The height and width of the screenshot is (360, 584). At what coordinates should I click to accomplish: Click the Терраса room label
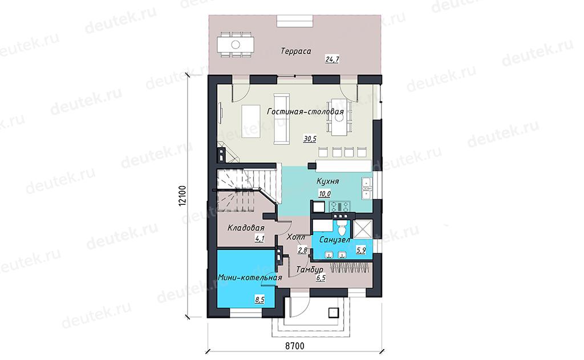point(296,51)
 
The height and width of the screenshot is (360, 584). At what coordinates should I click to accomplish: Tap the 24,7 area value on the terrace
point(332,59)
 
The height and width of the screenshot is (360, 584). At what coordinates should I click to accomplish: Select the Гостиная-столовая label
point(305,111)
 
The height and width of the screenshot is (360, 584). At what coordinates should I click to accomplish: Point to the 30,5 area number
point(310,139)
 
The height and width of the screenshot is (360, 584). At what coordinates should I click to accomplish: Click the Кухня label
point(327,181)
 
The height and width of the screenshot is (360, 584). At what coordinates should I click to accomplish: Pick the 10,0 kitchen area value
point(324,194)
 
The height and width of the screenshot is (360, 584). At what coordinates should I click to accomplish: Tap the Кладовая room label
point(246,228)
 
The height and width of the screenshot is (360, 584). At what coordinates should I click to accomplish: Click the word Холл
point(296,237)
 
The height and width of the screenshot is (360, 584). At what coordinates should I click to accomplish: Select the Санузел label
point(334,240)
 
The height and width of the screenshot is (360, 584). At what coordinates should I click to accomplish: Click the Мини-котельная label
point(250,278)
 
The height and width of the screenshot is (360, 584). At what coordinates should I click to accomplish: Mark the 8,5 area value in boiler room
point(259,299)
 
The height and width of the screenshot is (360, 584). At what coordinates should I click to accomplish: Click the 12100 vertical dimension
point(182,196)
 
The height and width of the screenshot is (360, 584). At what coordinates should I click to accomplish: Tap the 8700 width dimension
point(295,346)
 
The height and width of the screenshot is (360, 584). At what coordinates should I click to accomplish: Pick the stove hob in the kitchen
point(340,206)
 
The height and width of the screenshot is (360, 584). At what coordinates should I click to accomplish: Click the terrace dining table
point(236,45)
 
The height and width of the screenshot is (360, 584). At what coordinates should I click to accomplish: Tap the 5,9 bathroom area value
point(361,250)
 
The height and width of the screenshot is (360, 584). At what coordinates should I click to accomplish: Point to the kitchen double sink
point(367,188)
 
